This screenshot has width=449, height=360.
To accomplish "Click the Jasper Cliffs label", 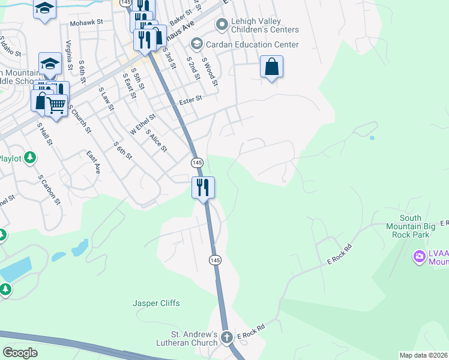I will click(156, 303).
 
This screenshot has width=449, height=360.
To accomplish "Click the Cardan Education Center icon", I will click(196, 44).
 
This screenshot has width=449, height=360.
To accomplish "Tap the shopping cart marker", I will click(56, 106).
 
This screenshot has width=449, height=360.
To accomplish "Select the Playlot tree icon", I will click(29, 158).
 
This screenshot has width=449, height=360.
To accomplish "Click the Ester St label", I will click(190, 100).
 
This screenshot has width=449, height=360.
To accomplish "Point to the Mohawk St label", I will click(86, 23).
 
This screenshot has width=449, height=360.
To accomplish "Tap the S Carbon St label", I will click(50, 190).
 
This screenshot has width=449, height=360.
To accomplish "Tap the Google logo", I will click(20, 353).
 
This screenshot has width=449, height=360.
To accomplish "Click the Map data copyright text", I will click(424, 355).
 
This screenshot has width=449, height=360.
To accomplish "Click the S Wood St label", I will click(208, 71).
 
